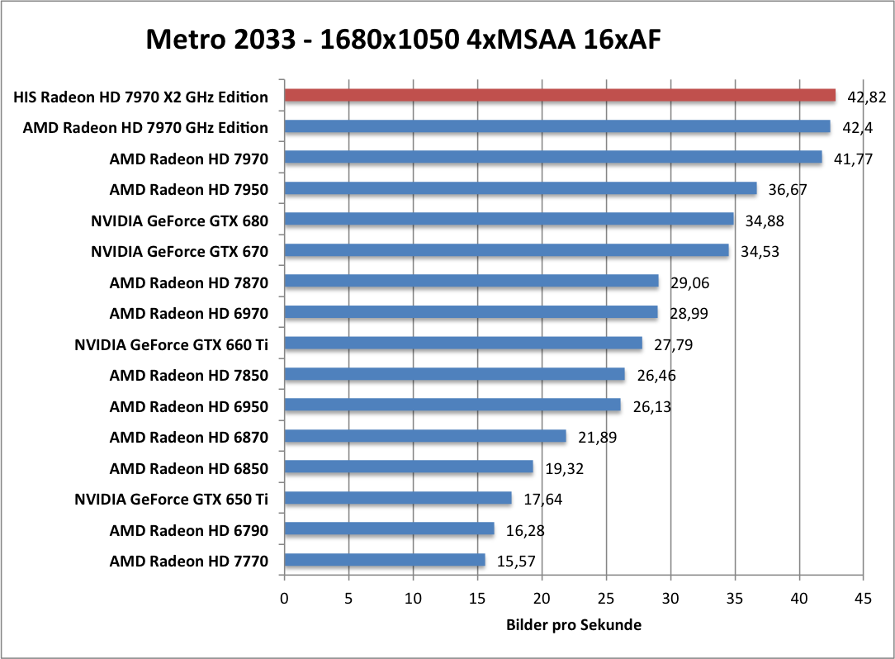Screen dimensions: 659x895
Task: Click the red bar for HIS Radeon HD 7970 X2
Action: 560,96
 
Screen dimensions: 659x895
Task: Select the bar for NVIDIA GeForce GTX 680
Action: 509,220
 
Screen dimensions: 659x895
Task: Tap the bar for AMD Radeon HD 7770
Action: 385,561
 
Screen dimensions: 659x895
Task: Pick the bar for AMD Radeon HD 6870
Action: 425,436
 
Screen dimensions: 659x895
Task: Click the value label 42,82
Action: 864,97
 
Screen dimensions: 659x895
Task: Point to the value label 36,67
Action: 788,189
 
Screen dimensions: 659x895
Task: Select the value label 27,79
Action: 673,344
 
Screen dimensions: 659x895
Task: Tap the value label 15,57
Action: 517,562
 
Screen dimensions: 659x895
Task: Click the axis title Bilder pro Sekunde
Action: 574,625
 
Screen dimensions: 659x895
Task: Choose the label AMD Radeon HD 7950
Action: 189,189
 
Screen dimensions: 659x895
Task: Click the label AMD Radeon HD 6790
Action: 189,530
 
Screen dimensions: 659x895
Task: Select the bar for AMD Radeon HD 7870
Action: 471,282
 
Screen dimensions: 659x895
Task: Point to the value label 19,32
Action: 565,468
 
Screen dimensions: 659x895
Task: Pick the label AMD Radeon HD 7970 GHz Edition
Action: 145,127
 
